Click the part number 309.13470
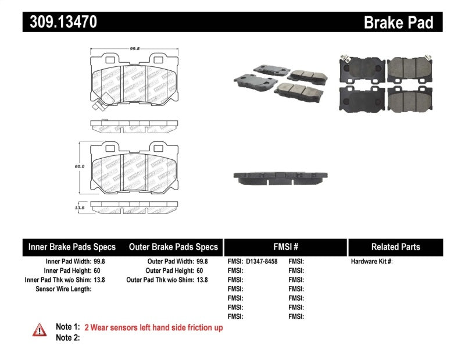point(60,22)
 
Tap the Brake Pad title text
point(398,22)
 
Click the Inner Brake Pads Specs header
point(71,247)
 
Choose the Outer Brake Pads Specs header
point(173,247)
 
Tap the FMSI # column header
point(285,247)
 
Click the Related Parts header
point(396,247)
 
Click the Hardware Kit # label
point(371,262)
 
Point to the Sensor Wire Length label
point(63,289)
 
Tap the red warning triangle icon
point(38,330)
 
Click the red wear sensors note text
point(153,327)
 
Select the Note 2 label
point(67,337)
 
